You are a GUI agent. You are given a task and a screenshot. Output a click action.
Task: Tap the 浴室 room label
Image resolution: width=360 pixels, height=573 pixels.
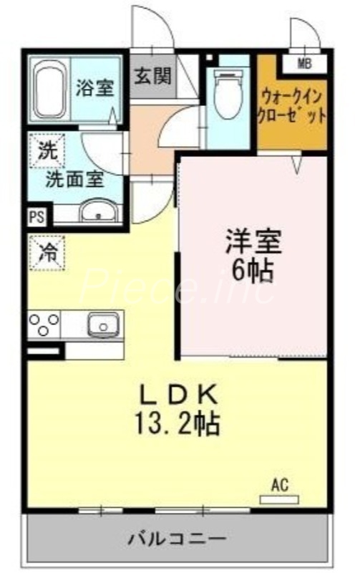95,89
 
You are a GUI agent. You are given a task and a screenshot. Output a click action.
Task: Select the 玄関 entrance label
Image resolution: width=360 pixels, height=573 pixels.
152,75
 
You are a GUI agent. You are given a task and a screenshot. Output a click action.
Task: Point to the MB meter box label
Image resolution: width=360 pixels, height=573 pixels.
305,64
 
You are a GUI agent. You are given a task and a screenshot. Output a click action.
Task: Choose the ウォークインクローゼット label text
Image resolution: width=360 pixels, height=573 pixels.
293,105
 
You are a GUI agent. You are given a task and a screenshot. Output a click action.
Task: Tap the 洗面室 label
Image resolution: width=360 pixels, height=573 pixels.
74,179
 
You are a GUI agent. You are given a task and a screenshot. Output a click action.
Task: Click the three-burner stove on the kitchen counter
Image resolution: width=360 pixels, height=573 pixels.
44,324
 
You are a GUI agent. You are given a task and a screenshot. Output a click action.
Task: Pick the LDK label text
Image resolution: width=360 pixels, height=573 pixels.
177,396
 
